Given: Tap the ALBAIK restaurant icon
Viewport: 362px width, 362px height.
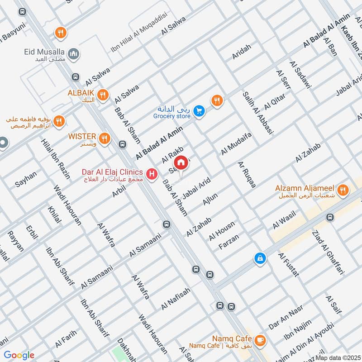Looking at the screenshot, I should point(104,94).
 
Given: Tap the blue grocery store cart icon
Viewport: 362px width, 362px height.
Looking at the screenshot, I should point(198,110).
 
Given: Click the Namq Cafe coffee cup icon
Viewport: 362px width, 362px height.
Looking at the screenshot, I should point(260,339).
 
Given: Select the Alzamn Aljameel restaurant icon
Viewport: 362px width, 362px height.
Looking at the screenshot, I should point(343,191).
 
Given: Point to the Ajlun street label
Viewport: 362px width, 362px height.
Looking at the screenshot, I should point(210,199).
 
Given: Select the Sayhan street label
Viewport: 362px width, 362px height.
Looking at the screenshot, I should point(26,179).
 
